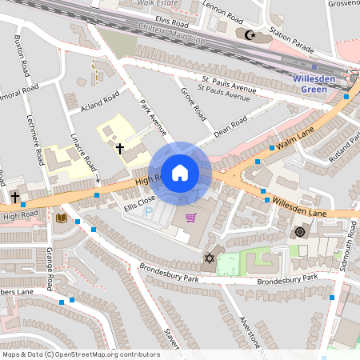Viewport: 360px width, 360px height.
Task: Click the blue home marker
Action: pyautogui.click(x=180, y=171)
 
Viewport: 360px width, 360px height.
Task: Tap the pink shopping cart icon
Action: pyautogui.click(x=190, y=217)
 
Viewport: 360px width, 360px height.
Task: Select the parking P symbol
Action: pyautogui.click(x=147, y=214)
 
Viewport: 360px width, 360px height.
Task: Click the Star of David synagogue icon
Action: pyautogui.click(x=210, y=258)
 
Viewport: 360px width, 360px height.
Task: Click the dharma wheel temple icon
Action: pyautogui.click(x=299, y=232)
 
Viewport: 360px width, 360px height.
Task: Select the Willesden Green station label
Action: pyautogui.click(x=318, y=84)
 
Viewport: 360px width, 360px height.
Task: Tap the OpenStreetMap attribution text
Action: pyautogui.click(x=81, y=354)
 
